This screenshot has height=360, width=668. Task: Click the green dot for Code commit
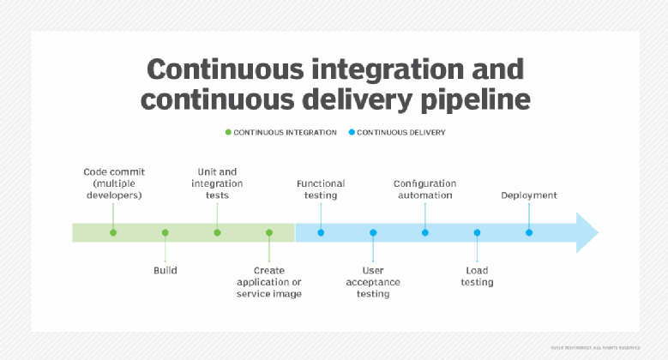click(113, 232)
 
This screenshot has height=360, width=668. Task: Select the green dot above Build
click(165, 232)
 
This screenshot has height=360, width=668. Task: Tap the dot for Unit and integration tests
click(217, 232)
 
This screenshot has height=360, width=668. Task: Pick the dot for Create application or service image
click(269, 232)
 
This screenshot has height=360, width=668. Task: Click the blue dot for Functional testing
click(321, 232)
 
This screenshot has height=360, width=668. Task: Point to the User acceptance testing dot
click(373, 232)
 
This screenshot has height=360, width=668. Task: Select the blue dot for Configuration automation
click(425, 232)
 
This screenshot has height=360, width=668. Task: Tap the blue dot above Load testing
click(477, 232)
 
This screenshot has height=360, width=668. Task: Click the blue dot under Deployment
click(529, 232)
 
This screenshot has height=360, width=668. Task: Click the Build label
click(165, 270)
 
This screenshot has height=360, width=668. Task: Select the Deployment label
click(529, 195)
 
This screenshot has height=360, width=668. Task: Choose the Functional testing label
click(321, 189)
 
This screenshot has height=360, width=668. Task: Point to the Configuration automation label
click(424, 189)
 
